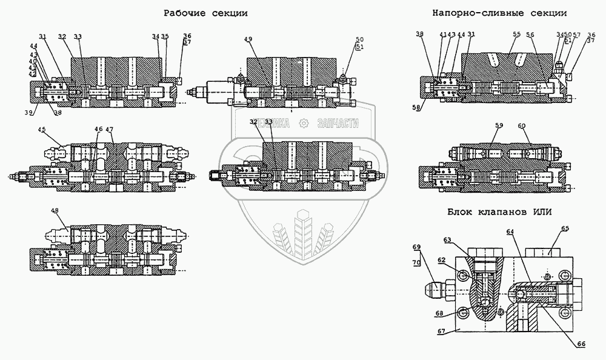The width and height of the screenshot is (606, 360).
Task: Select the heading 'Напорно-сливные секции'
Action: coord(499,12)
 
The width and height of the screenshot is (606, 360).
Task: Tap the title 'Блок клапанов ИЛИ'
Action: coord(498,212)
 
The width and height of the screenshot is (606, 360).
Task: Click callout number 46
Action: coord(98,128)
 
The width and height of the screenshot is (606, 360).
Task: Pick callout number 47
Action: coord(109,128)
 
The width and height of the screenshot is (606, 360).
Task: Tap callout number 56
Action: coord(531,36)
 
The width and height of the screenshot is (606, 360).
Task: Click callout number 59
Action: coord(499,125)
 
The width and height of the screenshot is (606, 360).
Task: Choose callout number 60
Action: coord(521,125)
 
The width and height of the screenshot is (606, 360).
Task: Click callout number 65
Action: coord(565,228)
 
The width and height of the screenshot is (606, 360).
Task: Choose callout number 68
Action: coord(440,313)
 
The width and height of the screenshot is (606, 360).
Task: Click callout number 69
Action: coord(416,247)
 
